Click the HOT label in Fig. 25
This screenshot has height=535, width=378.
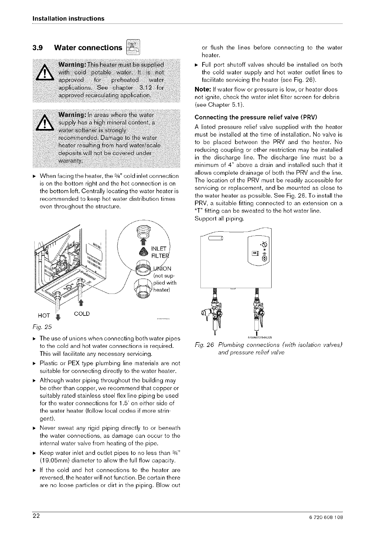pyautogui.click(x=44, y=315)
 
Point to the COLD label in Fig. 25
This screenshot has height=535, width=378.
pyautogui.click(x=82, y=314)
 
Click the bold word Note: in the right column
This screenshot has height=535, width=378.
pyautogui.click(x=201, y=90)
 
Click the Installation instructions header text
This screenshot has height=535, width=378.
pyautogui.click(x=68, y=18)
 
